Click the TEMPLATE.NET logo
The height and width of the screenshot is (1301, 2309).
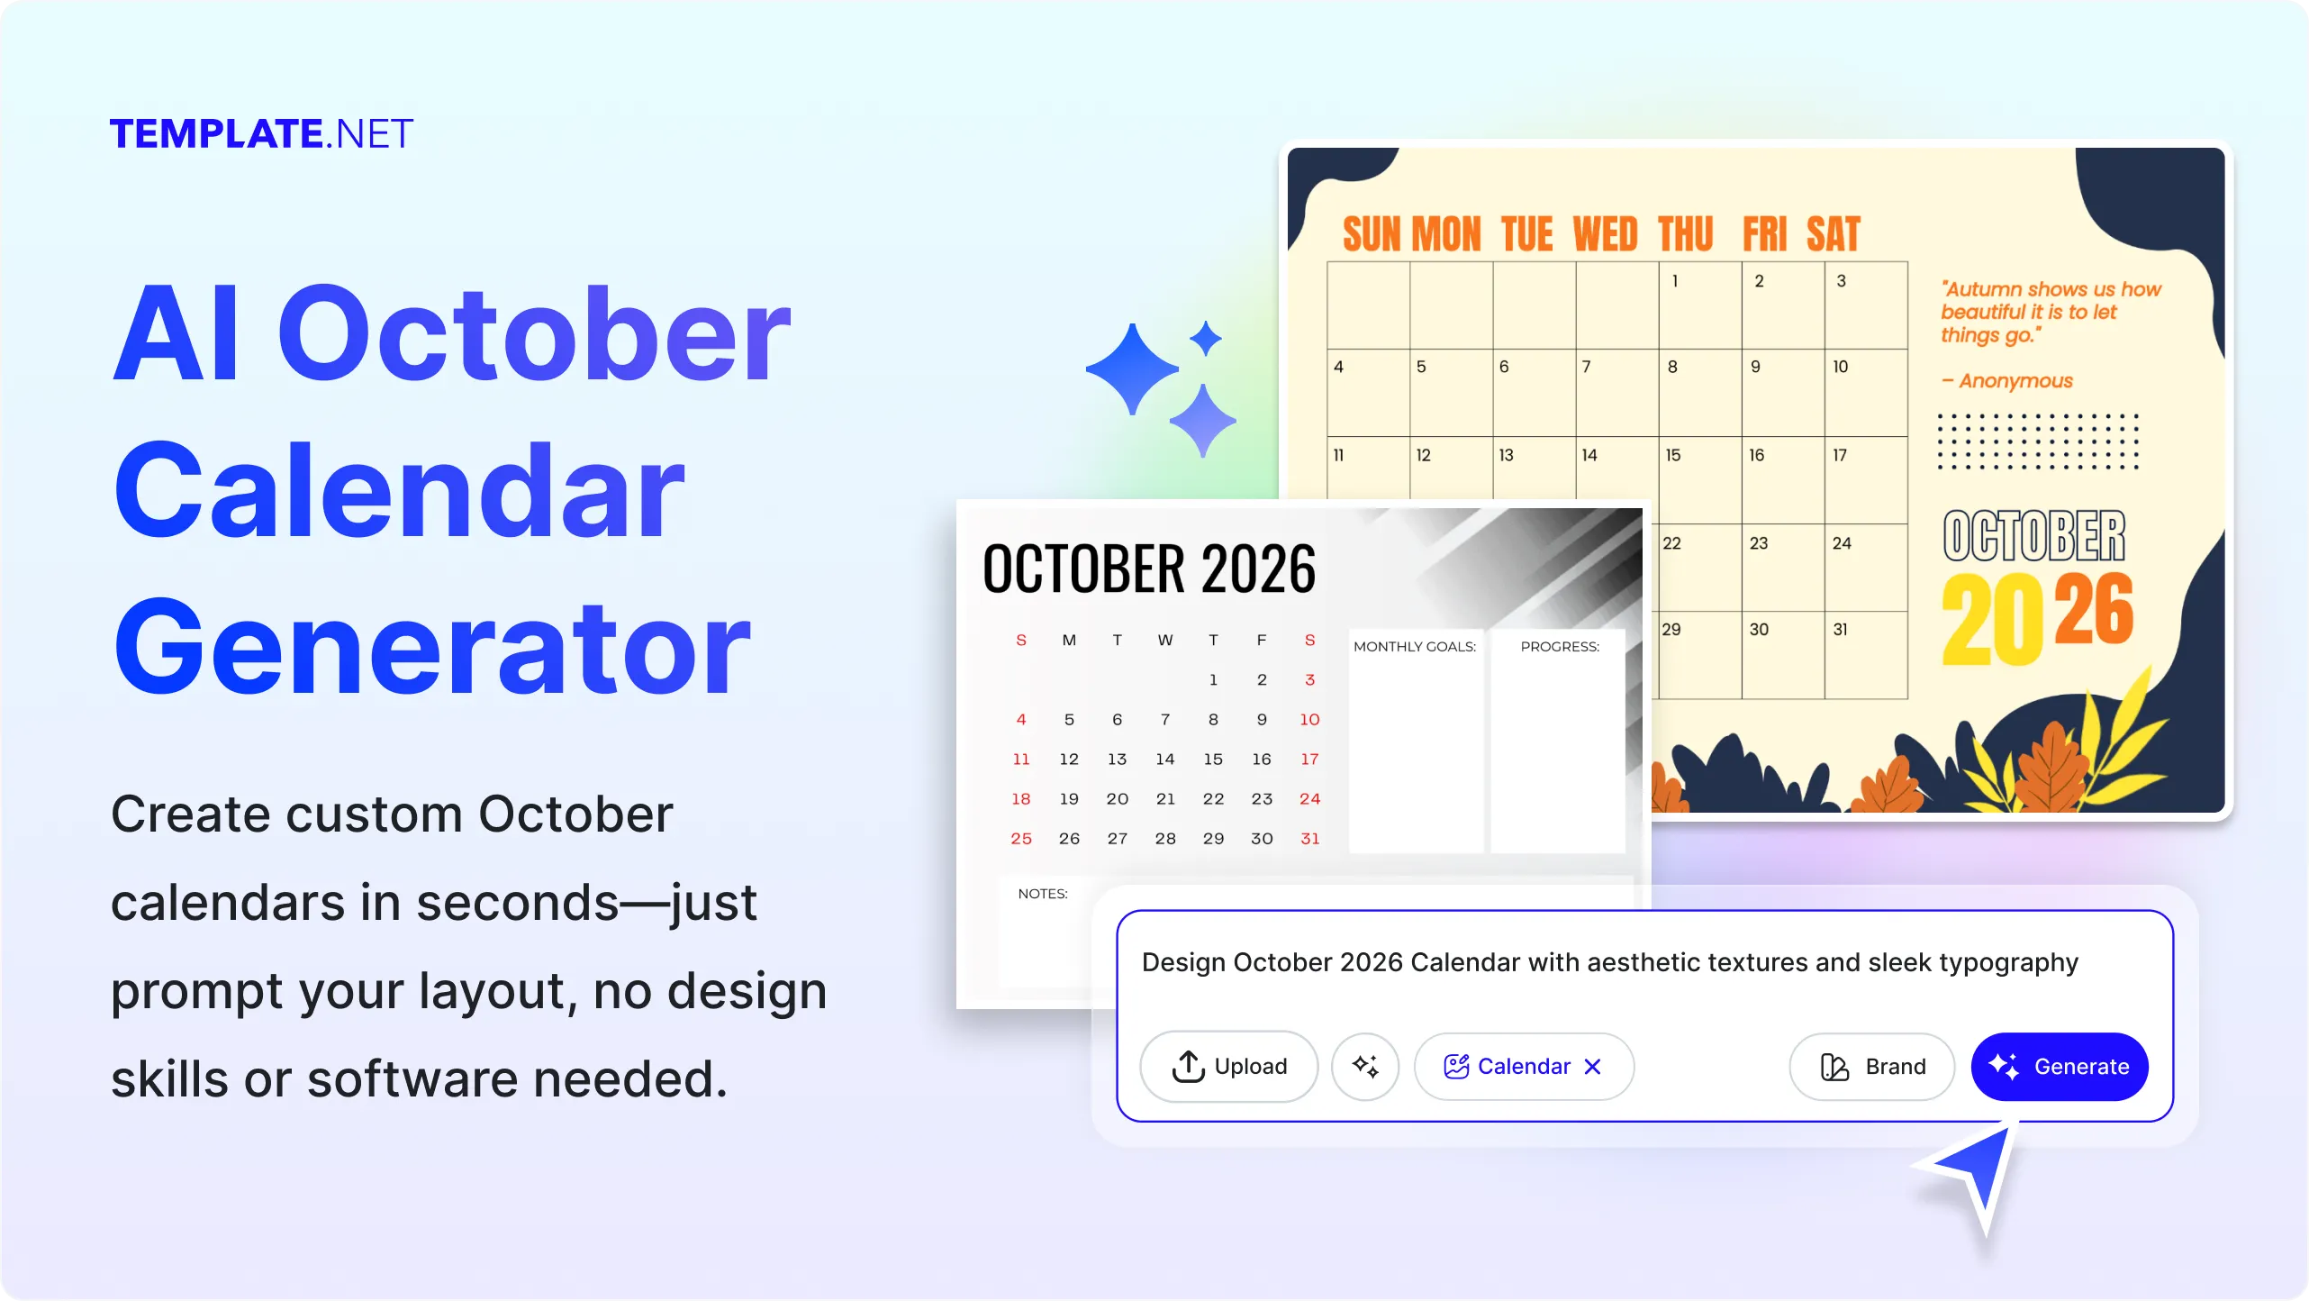point(261,133)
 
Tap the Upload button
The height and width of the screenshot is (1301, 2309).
point(1229,1066)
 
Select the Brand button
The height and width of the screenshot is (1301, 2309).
point(1872,1066)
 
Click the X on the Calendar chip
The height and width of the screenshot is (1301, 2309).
point(1592,1067)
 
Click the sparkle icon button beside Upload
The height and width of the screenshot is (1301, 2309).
point(1365,1066)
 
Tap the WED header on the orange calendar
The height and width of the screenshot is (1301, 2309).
point(1605,234)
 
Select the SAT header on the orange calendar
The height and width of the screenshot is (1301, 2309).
point(1833,234)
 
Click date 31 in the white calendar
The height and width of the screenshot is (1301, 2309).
point(1310,839)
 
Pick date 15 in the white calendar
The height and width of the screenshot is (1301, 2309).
point(1213,760)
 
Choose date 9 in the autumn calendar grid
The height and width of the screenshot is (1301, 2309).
point(1755,367)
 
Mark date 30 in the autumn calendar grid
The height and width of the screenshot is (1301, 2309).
point(1759,630)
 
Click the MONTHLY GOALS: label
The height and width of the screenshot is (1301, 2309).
point(1415,647)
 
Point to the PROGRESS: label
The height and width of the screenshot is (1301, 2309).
point(1560,647)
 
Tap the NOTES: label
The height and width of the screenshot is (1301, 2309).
point(1043,894)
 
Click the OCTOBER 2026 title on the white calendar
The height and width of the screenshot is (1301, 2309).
point(1149,569)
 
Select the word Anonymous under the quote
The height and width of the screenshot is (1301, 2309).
point(2015,381)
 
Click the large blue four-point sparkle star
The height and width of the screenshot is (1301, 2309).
point(1132,369)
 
